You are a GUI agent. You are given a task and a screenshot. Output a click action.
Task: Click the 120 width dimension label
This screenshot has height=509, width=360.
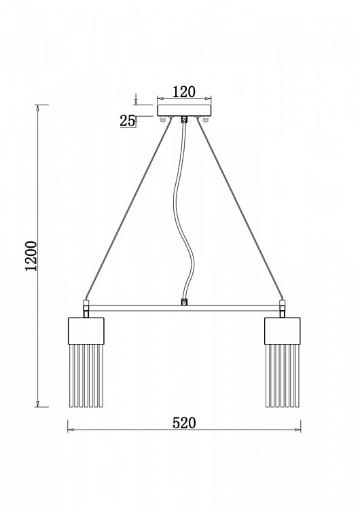pyautogui.click(x=184, y=92)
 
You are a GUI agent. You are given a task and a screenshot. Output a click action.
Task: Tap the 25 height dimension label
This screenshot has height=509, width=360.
pyautogui.click(x=127, y=121)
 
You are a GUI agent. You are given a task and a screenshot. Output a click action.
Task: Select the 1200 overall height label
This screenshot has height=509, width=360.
pyautogui.click(x=31, y=256)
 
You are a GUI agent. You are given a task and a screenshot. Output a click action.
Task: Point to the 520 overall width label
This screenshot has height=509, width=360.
pyautogui.click(x=184, y=423)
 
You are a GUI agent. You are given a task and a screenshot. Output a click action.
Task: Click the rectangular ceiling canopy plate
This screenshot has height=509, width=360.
pyautogui.click(x=184, y=111)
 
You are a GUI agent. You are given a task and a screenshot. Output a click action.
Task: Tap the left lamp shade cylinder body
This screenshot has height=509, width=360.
pyautogui.click(x=86, y=331)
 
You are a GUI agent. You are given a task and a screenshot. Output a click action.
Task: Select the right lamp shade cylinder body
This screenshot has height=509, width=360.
pyautogui.click(x=282, y=331)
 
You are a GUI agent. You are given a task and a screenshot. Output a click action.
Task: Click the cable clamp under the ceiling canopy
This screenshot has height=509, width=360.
pyautogui.click(x=184, y=119)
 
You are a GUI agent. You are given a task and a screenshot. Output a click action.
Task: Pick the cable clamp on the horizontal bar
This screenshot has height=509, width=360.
pyautogui.click(x=184, y=302)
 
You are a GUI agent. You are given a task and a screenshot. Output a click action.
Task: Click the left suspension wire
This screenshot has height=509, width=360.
pyautogui.click(x=128, y=210)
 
